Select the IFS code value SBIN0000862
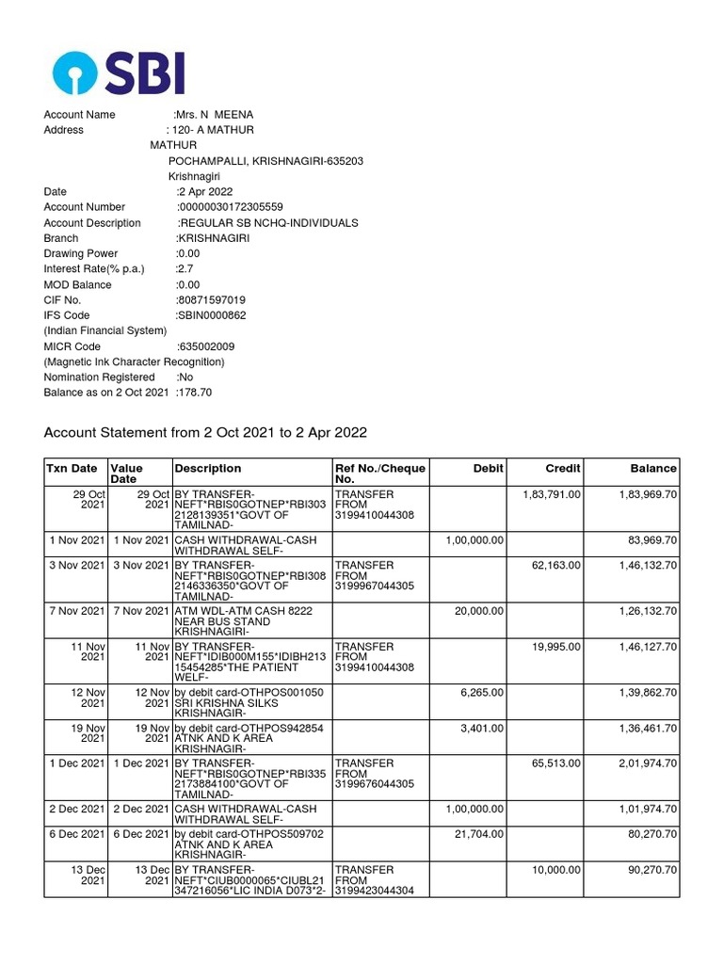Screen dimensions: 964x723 [211, 315]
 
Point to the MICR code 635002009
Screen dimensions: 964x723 [206, 346]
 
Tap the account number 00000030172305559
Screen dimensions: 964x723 [230, 207]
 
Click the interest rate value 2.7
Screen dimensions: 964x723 [185, 269]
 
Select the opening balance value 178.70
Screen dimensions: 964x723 [194, 392]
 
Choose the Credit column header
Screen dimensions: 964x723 [563, 468]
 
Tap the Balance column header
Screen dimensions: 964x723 [652, 468]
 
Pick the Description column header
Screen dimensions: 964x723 [207, 468]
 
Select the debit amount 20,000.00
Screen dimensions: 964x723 [479, 611]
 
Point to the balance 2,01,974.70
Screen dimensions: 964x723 [647, 763]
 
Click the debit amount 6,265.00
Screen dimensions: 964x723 [483, 692]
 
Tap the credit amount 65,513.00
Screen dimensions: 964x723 [556, 763]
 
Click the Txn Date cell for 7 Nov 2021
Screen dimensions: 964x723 [74, 611]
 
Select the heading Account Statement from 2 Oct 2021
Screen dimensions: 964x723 [205, 432]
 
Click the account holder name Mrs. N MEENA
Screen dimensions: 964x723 [214, 115]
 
